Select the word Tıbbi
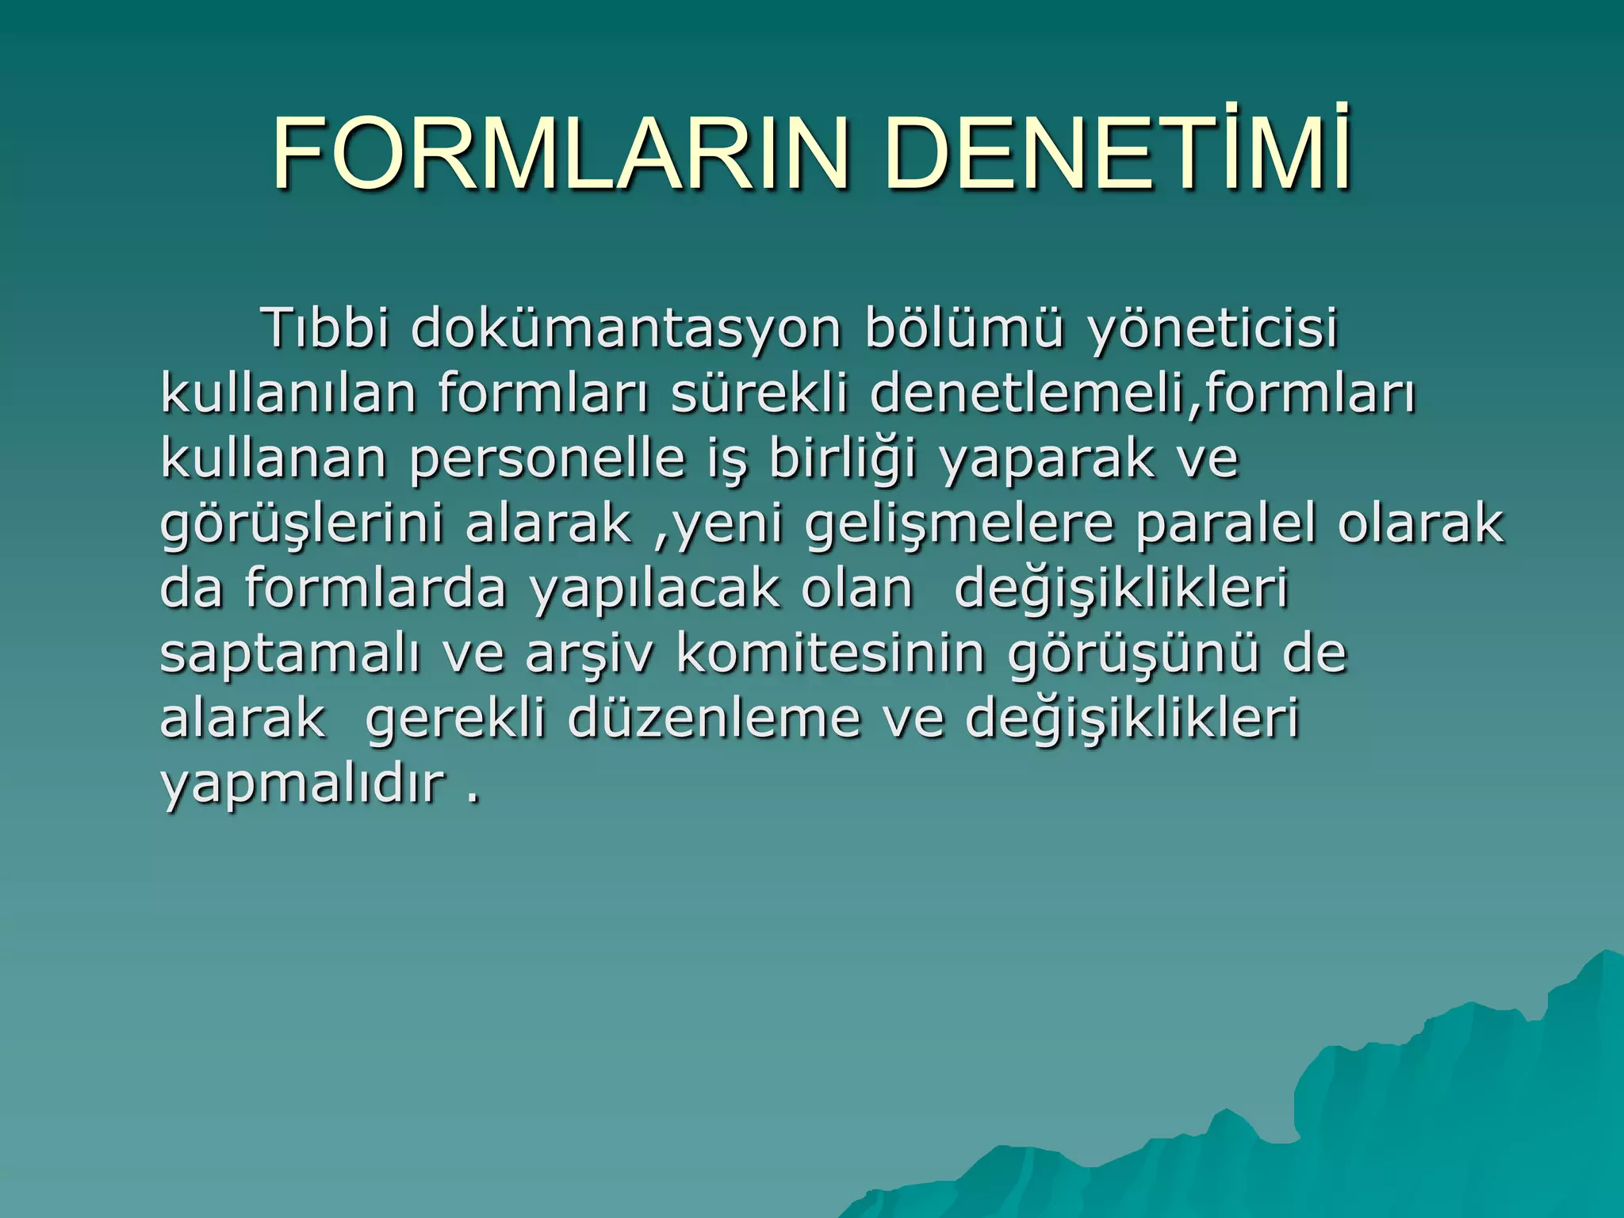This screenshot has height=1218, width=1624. click(x=326, y=327)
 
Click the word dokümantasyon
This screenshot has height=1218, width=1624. click(x=626, y=327)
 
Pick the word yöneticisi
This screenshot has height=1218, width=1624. click(x=1213, y=327)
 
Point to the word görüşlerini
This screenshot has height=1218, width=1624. click(x=301, y=524)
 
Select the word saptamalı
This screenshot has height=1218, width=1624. click(x=290, y=654)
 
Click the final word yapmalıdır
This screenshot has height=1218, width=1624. click(x=302, y=783)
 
